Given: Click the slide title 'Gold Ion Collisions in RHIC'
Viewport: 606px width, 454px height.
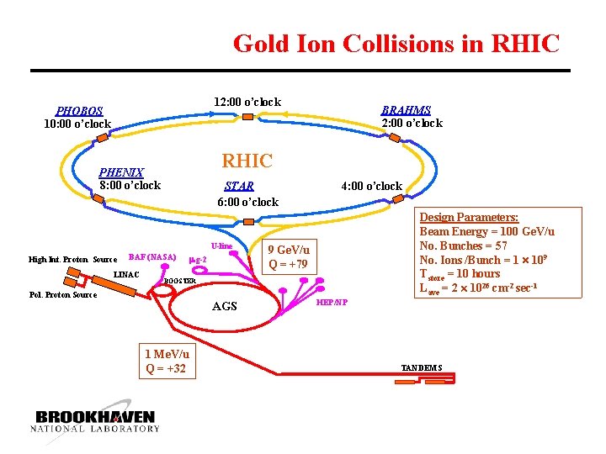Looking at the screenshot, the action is tap(396, 43).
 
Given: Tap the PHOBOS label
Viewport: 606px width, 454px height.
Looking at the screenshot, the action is tap(79, 111).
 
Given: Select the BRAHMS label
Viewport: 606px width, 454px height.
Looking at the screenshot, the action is tap(406, 110).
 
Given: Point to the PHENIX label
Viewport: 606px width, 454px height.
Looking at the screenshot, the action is tap(121, 172).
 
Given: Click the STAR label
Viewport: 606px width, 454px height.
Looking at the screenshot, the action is tap(239, 187).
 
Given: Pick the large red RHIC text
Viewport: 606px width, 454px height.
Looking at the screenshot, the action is tap(247, 161).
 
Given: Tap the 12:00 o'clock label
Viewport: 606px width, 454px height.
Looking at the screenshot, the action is tap(247, 103).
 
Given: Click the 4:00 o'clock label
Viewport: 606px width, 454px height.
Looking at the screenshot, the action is tap(371, 186).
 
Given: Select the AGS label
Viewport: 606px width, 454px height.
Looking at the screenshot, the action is tap(225, 306).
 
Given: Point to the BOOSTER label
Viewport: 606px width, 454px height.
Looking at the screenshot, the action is tap(179, 281).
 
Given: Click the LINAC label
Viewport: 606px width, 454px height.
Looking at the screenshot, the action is tap(126, 275).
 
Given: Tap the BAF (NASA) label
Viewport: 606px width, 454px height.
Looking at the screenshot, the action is tap(151, 257).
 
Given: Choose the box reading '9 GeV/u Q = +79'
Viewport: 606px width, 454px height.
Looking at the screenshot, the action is tap(288, 257).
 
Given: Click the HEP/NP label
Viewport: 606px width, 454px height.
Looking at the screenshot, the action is tap(332, 302).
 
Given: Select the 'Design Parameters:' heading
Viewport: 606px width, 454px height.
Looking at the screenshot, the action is tap(469, 217).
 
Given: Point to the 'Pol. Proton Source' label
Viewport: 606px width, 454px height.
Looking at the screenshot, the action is tap(63, 295).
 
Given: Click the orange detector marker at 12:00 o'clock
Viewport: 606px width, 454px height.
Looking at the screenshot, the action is tap(247, 117).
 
